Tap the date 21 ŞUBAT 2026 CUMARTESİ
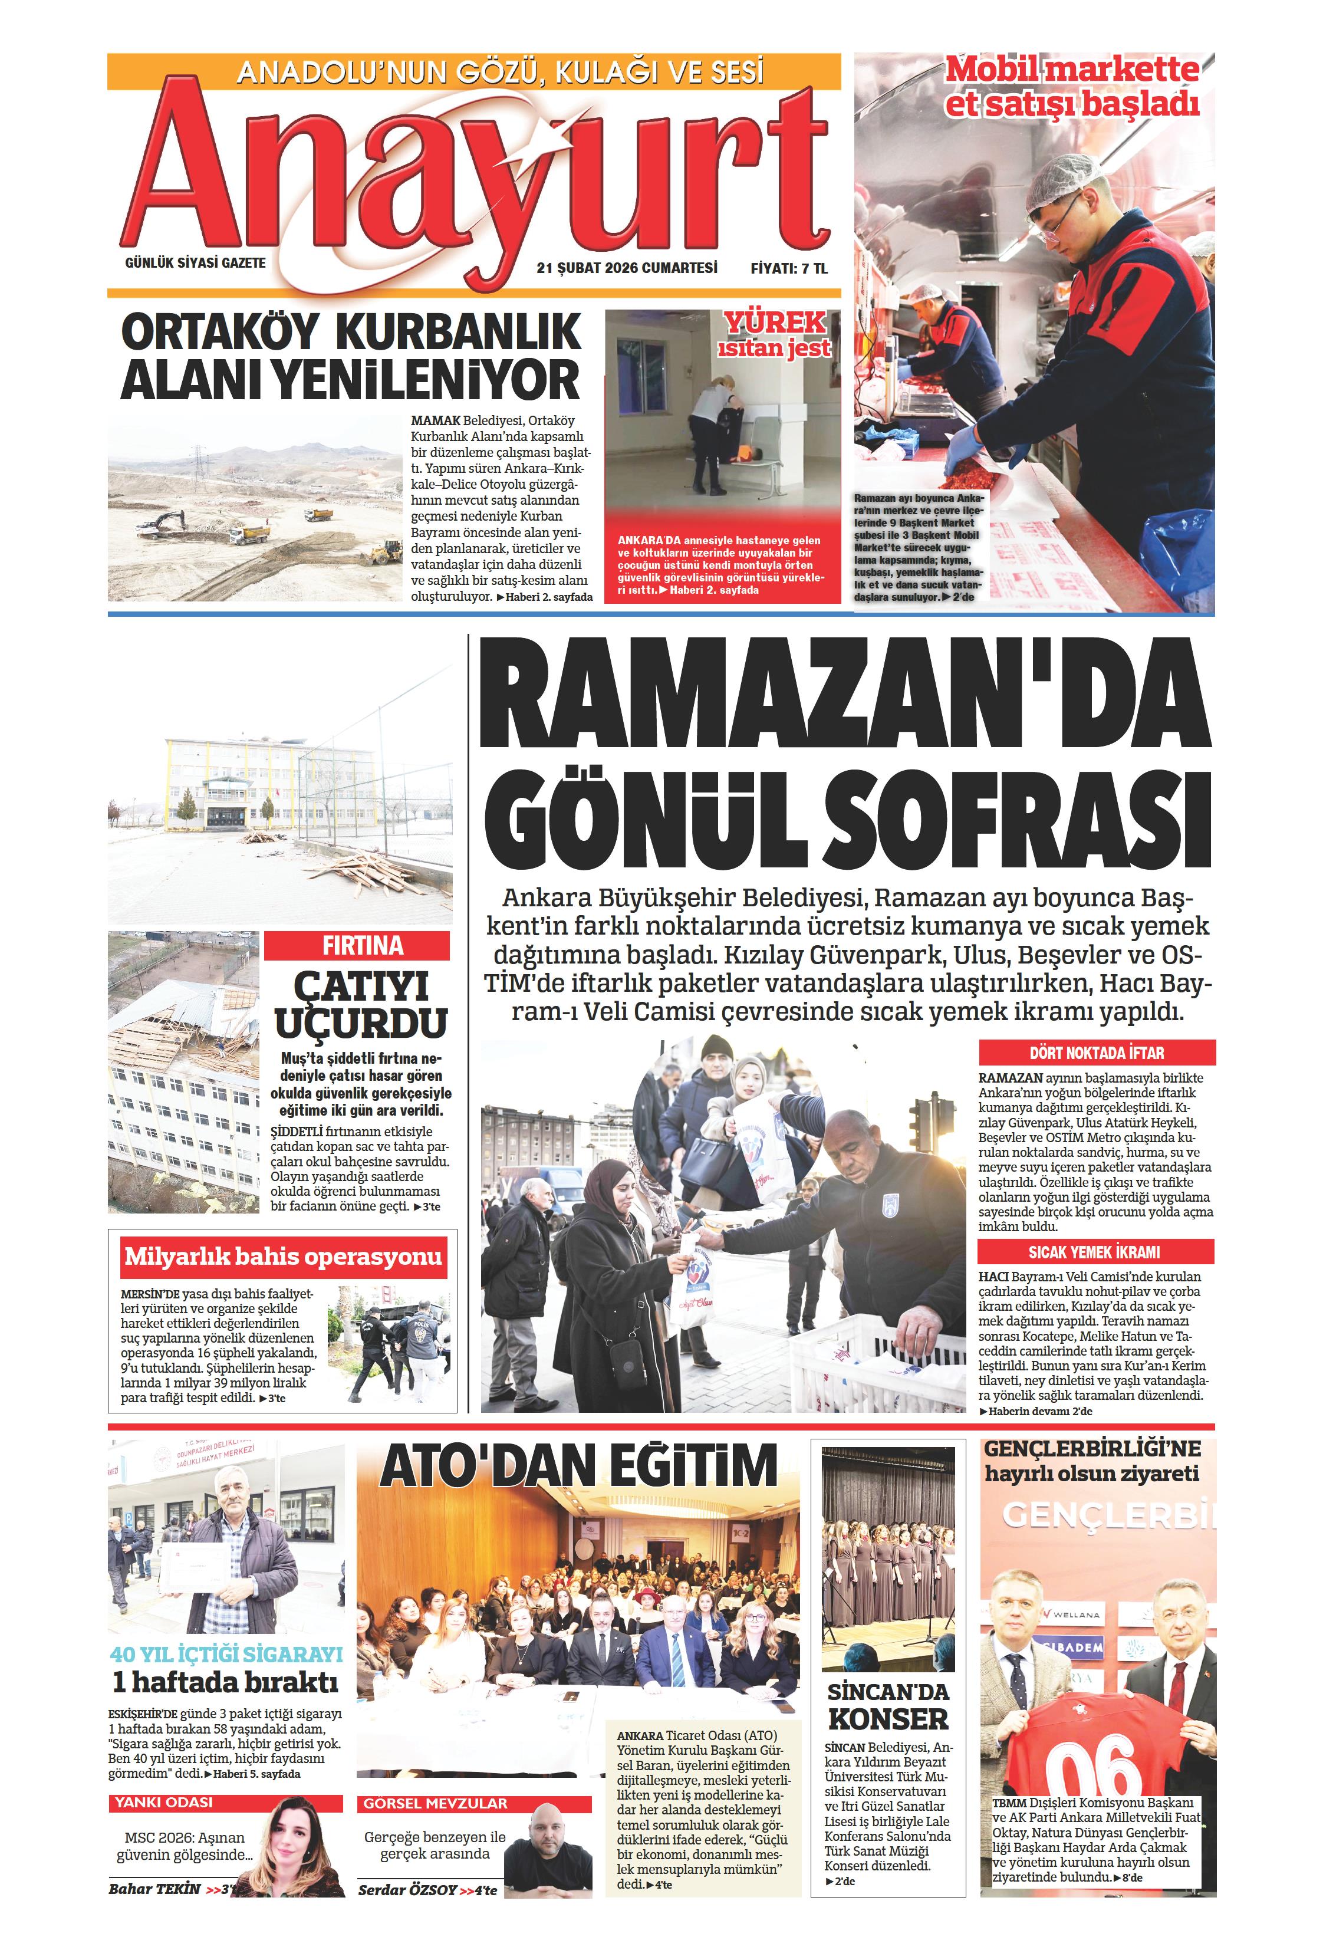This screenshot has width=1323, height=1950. coord(627,268)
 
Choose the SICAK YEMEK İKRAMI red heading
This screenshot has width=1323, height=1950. coord(1094,1252)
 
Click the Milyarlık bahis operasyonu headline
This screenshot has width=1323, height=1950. coord(283,1256)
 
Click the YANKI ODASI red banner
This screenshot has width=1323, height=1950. coord(164,1803)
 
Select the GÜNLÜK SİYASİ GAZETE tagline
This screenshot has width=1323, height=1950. coord(195,262)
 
